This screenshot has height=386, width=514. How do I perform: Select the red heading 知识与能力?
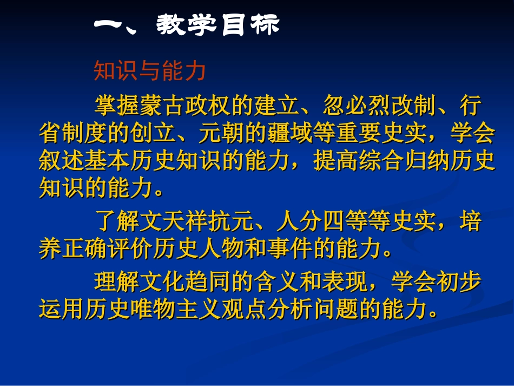(x=150, y=70)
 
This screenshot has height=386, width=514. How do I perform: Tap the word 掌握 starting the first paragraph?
(x=116, y=105)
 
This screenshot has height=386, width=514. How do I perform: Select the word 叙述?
(x=61, y=161)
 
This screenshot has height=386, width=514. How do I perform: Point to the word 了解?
(x=116, y=222)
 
